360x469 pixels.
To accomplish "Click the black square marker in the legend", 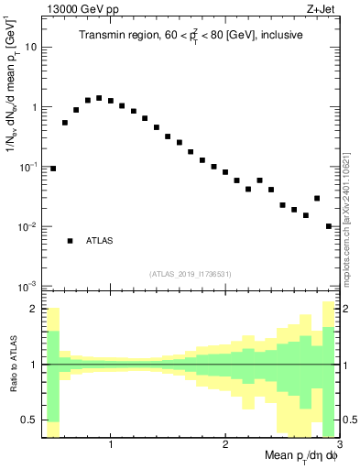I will point(70,241).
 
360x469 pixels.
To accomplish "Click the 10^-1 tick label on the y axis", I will point(28,167).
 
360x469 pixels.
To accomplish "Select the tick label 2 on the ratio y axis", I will point(35,310).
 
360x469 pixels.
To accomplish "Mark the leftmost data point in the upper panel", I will point(53,169).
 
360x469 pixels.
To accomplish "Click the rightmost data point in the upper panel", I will point(329,226).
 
